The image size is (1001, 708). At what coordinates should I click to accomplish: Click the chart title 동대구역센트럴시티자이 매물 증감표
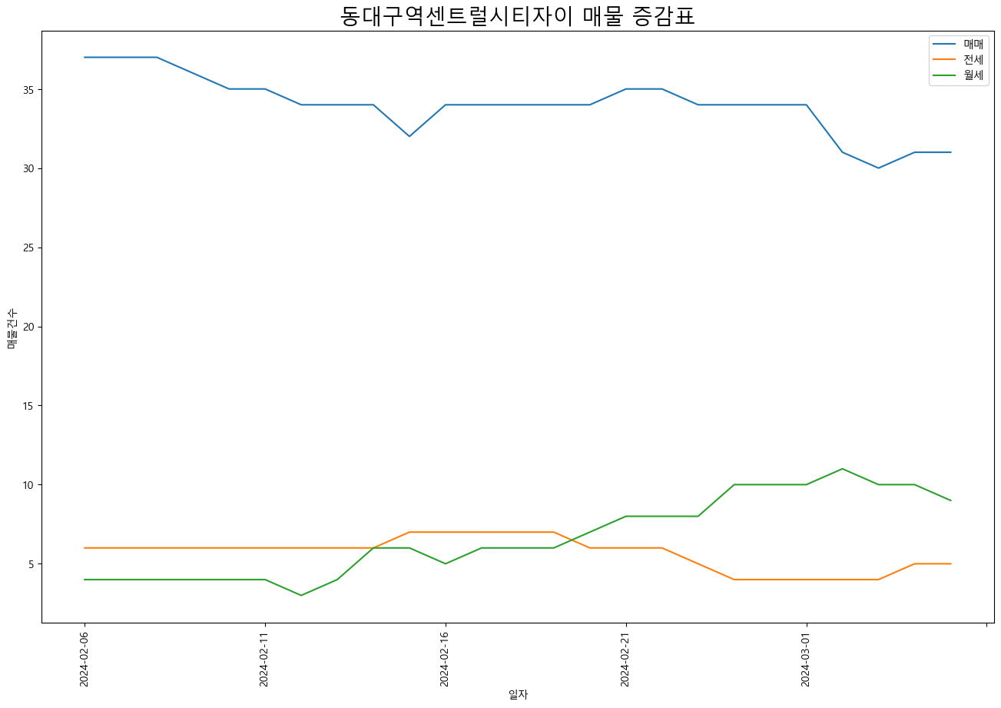point(518,16)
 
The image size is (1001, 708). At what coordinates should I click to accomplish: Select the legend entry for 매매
point(958,44)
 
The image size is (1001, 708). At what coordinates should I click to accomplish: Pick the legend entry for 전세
point(958,59)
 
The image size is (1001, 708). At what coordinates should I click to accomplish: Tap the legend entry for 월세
point(958,75)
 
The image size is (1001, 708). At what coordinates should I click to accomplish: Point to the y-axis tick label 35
point(28,90)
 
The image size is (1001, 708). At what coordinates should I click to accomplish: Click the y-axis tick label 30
point(28,168)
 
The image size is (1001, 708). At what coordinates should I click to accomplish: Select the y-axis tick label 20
point(28,327)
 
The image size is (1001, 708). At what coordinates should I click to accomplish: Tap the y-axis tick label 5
point(31,564)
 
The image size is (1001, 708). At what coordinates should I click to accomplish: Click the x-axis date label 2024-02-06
point(84,660)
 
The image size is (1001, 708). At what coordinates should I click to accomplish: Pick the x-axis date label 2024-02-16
point(444,660)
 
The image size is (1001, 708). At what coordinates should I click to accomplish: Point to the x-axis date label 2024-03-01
point(805,660)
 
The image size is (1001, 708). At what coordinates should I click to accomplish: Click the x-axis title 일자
point(519,695)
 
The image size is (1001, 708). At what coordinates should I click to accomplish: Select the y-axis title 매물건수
point(12,329)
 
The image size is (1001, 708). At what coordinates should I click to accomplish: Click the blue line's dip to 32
point(409,136)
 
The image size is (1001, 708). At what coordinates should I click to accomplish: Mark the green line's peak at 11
point(842,469)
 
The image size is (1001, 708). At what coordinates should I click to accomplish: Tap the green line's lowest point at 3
point(300,595)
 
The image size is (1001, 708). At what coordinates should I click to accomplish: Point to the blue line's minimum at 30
point(878,168)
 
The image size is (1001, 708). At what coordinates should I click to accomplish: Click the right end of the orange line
point(950,564)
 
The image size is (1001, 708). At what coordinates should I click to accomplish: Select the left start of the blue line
point(85,57)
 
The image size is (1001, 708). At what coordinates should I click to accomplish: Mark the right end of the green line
point(950,500)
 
